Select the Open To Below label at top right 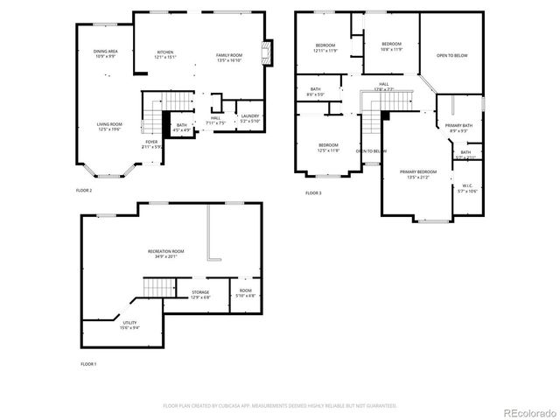click(x=451, y=55)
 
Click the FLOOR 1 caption click(x=88, y=363)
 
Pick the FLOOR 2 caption click(x=84, y=190)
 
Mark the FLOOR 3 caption click(x=313, y=192)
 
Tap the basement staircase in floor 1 click(x=155, y=285)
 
